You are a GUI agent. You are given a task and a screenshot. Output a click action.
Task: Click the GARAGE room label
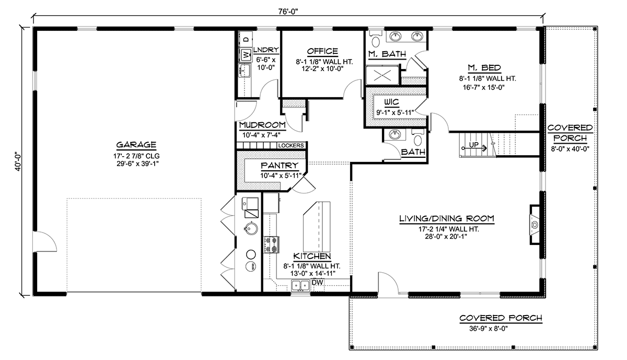tap(136, 145)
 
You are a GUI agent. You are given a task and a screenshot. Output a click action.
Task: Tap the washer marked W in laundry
tap(246, 54)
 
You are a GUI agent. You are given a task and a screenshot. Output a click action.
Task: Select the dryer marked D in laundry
tap(246, 39)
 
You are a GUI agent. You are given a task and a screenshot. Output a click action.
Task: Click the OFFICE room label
tap(322, 51)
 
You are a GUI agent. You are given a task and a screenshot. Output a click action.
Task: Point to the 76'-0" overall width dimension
tap(288, 11)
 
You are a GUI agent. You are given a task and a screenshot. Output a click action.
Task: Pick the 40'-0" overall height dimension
tap(18, 161)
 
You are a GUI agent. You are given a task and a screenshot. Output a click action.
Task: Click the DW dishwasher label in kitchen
tap(318, 283)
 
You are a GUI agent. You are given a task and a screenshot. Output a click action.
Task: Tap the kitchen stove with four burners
tap(271, 245)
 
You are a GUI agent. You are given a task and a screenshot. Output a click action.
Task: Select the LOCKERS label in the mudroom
tap(291, 146)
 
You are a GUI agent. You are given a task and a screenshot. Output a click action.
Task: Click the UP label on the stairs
tap(473, 145)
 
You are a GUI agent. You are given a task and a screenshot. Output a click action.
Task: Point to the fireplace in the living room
tap(535, 225)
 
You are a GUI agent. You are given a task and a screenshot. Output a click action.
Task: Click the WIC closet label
tap(391, 102)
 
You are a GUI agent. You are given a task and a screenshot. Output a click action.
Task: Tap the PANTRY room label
tap(280, 166)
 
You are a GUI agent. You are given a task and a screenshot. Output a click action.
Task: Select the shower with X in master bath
tap(382, 75)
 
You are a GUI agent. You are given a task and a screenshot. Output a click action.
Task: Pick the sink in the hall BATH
tap(395, 134)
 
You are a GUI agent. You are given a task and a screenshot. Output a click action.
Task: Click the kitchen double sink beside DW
tap(300, 285)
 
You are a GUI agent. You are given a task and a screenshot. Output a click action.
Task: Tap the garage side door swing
tap(45, 241)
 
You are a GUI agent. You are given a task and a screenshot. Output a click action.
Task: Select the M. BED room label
tap(484, 68)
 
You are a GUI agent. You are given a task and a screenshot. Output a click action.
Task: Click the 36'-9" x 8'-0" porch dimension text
tap(489, 328)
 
